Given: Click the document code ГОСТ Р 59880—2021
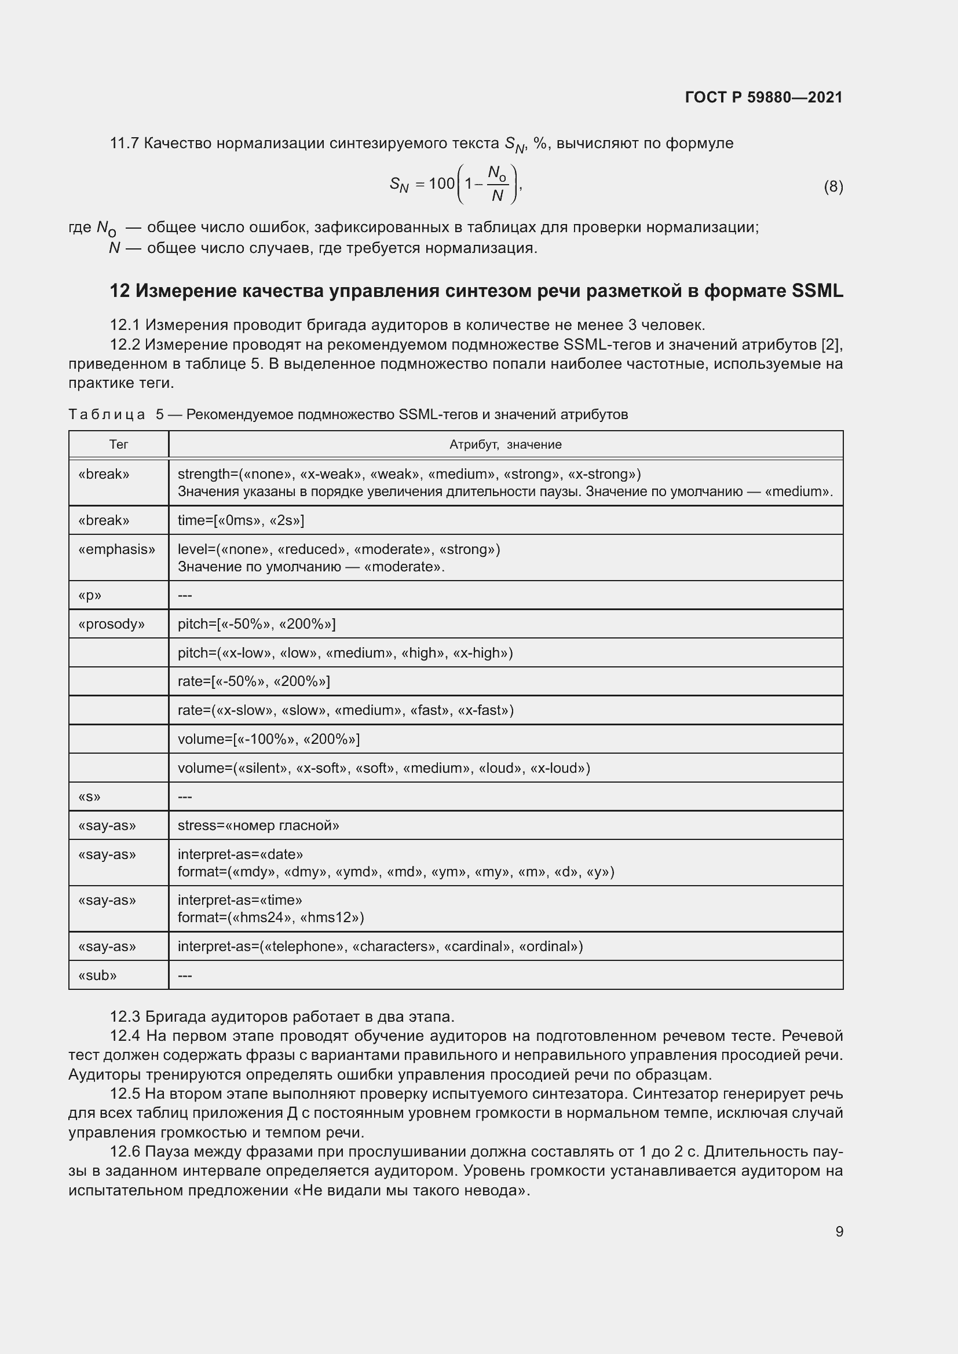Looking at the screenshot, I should point(763,97).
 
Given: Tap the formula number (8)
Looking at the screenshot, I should point(833,187).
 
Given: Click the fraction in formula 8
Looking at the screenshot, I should point(498,184).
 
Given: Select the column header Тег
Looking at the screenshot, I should point(119,445).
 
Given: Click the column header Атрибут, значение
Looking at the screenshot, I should point(505,445).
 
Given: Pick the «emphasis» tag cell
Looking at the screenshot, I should point(117,549).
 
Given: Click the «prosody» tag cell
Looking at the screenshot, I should point(111,624).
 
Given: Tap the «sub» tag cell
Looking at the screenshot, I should point(97,975).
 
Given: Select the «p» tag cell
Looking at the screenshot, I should point(90,595).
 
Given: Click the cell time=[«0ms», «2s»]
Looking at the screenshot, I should point(241,520).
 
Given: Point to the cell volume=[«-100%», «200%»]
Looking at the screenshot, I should point(268,739).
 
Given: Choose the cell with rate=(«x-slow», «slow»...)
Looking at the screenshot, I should point(345,710).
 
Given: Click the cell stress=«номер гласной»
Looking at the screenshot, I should point(258,825).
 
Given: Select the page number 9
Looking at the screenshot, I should point(839,1231).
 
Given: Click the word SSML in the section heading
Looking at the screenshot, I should point(817,291).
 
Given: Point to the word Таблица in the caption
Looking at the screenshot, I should point(107,414).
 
